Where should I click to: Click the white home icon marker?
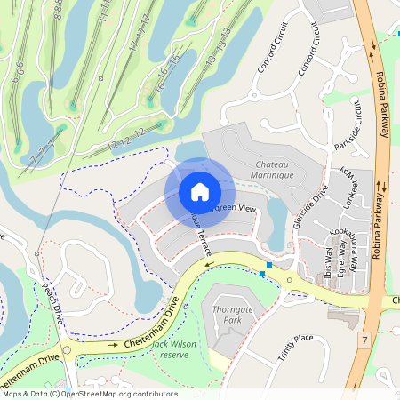click(200, 192)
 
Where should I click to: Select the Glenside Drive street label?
click(311, 204)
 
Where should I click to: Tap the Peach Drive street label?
click(47, 304)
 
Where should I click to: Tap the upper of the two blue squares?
click(269, 265)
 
